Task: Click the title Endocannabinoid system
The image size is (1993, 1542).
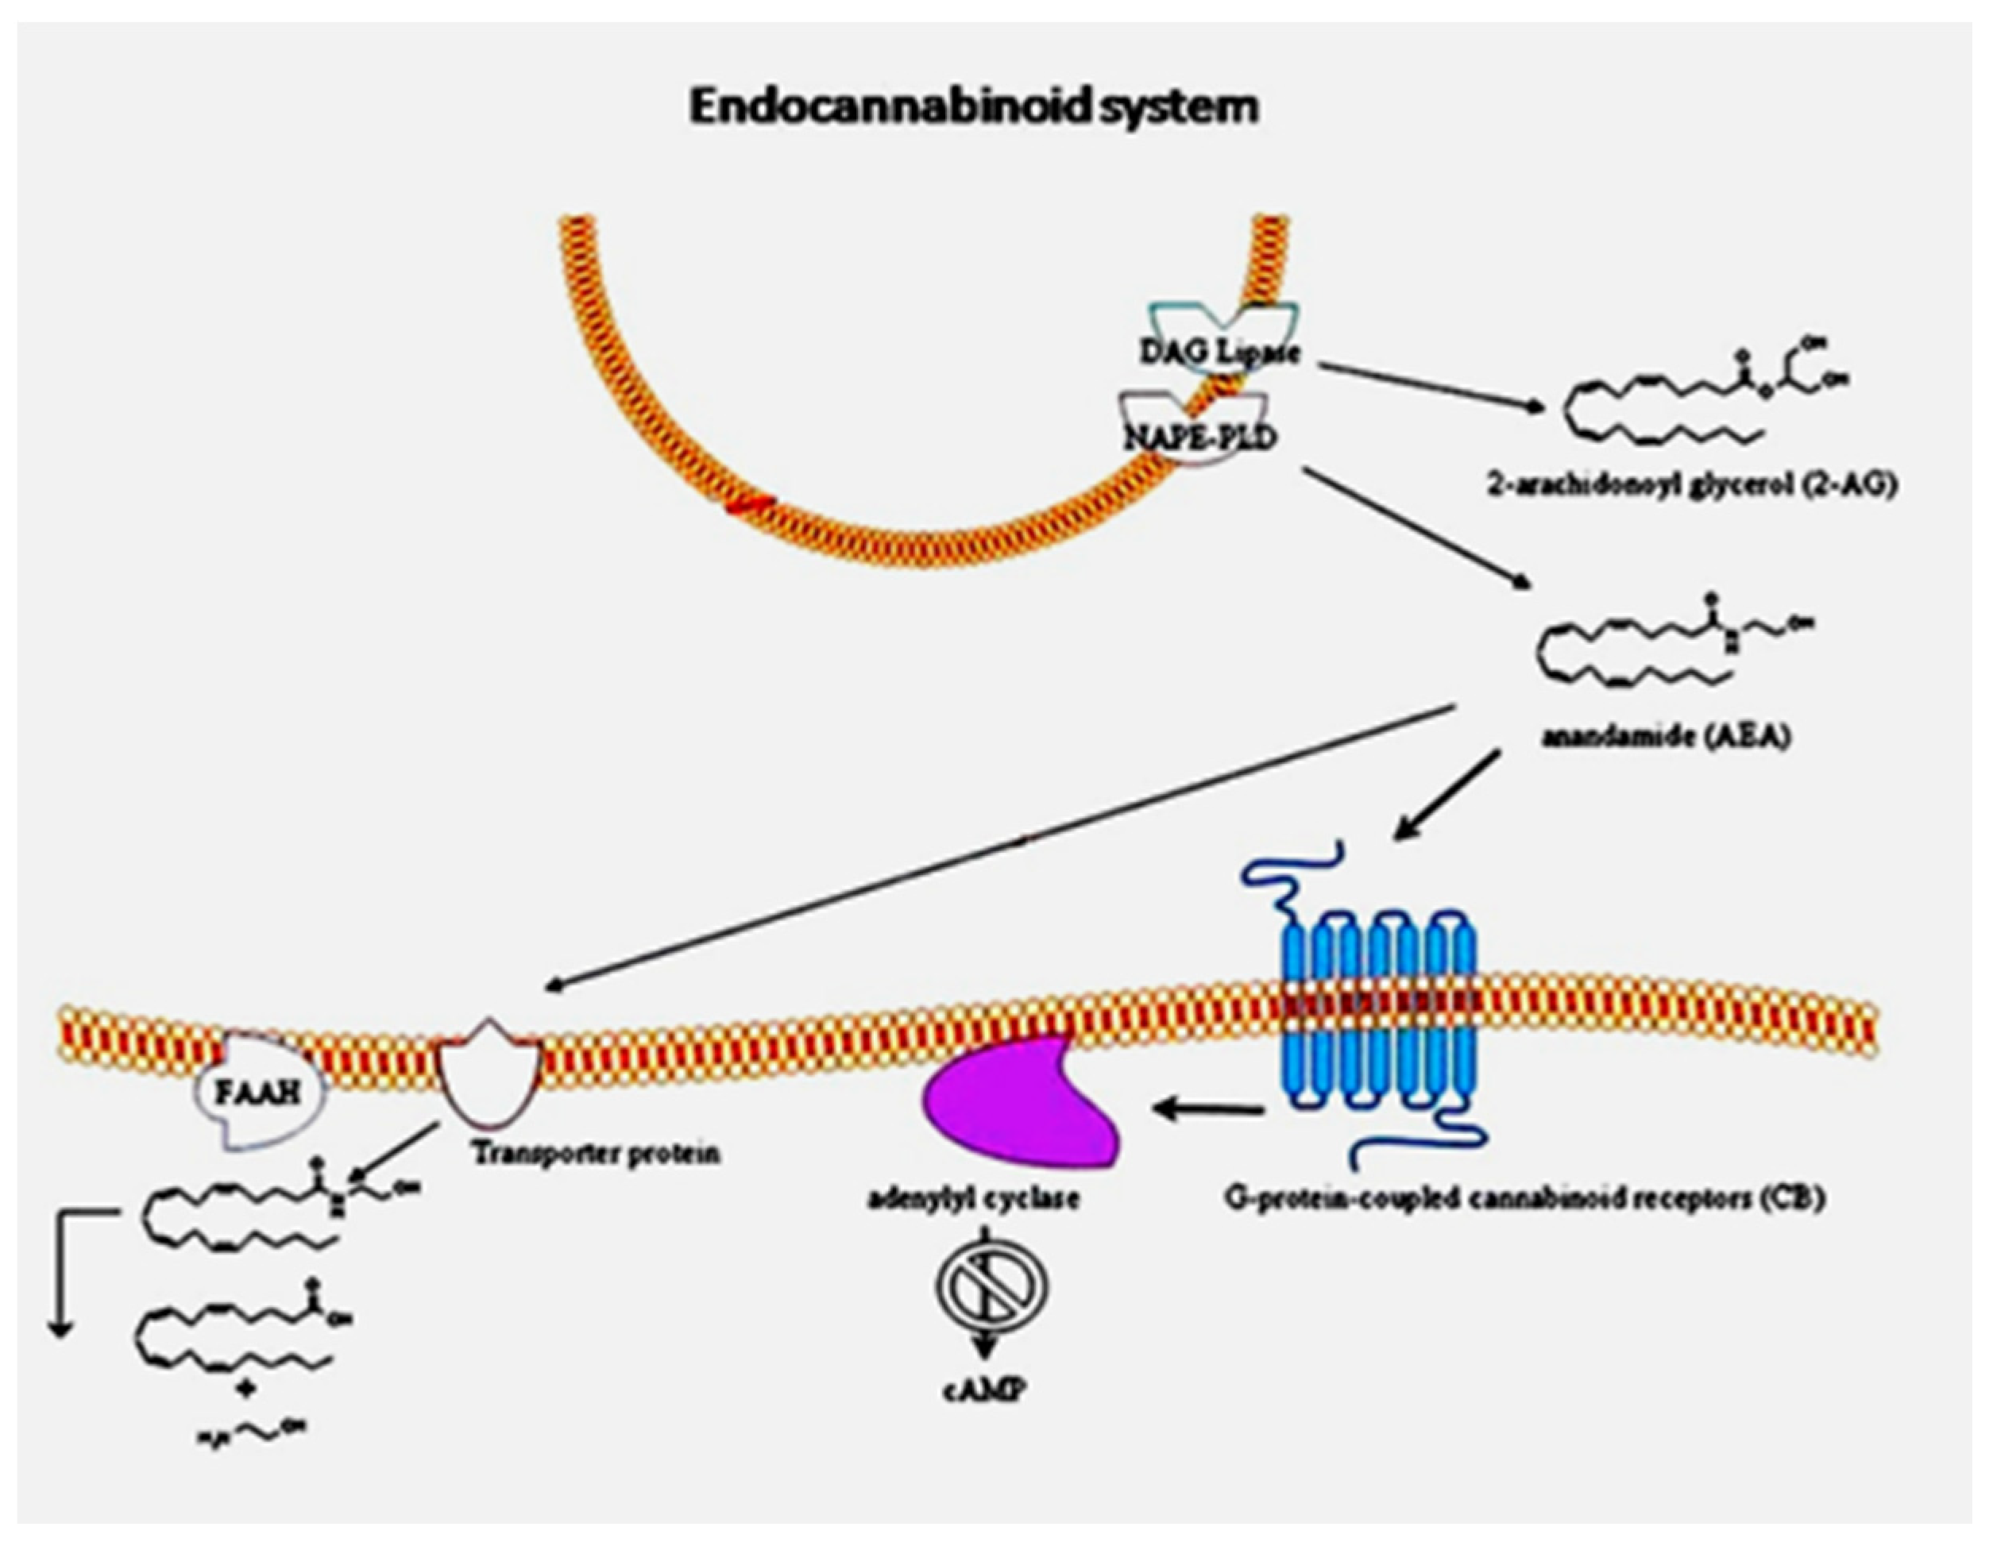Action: pos(973,106)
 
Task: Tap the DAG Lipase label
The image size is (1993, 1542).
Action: pos(1219,353)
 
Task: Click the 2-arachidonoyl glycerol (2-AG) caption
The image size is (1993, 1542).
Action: pos(1692,484)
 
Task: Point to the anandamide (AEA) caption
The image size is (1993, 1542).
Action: pos(1666,736)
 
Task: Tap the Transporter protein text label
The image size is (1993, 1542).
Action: pos(596,1153)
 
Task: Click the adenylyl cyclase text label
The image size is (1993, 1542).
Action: pos(973,1197)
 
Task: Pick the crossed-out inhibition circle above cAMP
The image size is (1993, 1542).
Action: pos(991,1285)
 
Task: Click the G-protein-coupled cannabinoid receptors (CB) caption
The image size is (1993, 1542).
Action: pos(1524,1198)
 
